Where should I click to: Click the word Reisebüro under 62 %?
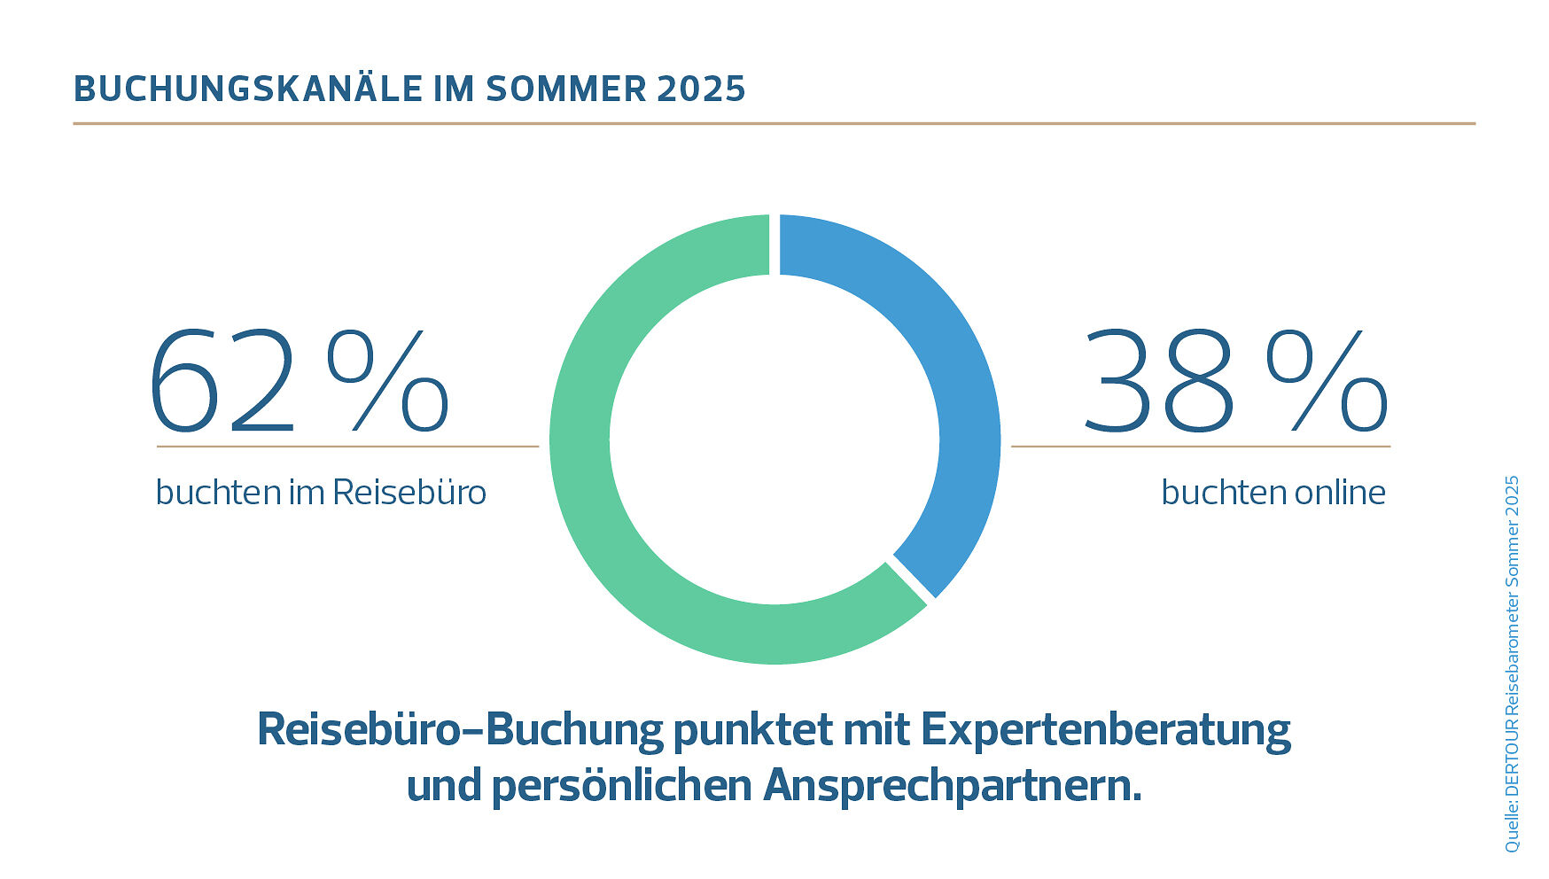tap(409, 493)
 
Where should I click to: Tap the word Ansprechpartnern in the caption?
tap(952, 786)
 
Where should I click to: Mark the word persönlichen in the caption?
tap(621, 786)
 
